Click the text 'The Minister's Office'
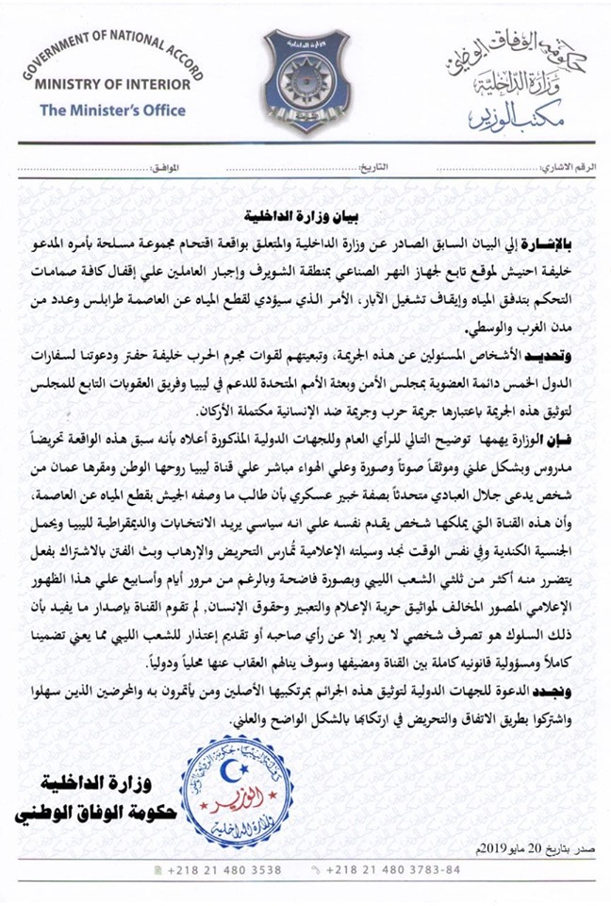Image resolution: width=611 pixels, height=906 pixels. pyautogui.click(x=111, y=109)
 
